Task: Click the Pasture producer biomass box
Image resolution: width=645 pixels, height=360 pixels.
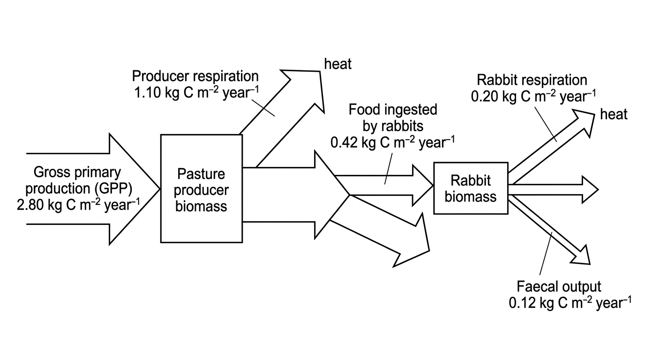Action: tap(201, 188)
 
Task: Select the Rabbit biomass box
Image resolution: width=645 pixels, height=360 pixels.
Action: tap(471, 188)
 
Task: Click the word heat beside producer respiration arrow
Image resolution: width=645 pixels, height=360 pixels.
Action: tap(338, 64)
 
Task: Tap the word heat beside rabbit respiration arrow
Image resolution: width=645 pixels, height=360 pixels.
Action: tap(614, 114)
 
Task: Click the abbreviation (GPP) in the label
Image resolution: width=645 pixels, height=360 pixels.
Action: tap(113, 188)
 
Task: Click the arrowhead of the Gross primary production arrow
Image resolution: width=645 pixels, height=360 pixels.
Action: tap(135, 189)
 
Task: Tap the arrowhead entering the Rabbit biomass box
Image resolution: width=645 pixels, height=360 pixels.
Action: tap(423, 186)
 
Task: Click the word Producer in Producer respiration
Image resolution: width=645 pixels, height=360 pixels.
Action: tap(160, 76)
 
